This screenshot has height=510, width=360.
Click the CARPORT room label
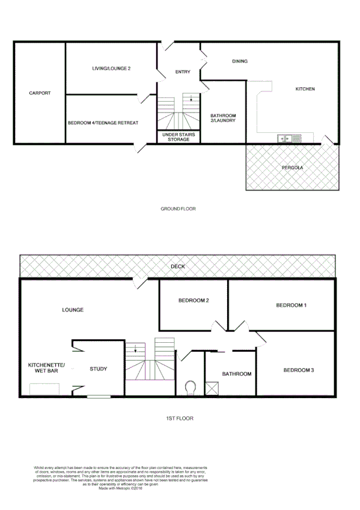click(40, 93)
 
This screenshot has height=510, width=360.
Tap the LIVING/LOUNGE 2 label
click(111, 69)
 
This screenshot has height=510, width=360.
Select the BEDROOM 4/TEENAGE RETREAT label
click(103, 123)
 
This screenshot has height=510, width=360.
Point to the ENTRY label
click(183, 72)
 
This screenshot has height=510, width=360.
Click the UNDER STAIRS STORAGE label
click(178, 137)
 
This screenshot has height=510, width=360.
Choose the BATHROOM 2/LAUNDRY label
click(222, 118)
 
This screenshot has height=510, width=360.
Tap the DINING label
click(240, 61)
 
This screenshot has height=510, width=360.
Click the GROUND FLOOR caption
click(178, 209)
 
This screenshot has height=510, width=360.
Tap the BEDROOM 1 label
click(291, 306)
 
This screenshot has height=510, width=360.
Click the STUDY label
click(99, 369)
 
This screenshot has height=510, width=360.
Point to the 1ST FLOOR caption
click(178, 418)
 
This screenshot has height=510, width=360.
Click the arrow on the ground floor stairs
click(192, 99)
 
